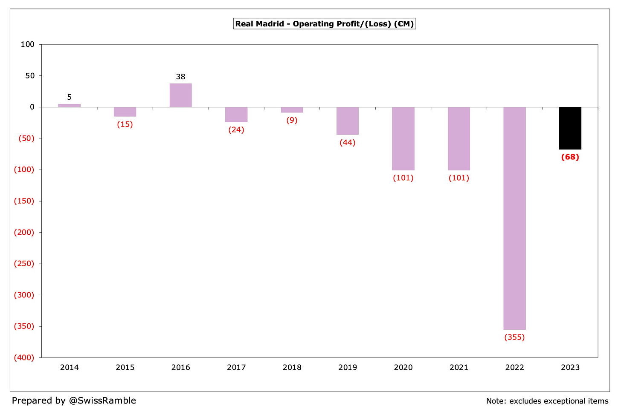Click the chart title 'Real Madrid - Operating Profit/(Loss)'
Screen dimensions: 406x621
(x=324, y=24)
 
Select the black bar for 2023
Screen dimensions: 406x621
(x=570, y=128)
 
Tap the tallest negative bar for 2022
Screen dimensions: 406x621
(x=514, y=218)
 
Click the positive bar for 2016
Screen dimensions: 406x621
(x=180, y=95)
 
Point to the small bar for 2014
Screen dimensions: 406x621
(x=69, y=105)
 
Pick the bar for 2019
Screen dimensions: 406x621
(x=347, y=121)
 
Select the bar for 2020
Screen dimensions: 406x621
(x=403, y=139)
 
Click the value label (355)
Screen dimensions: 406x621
(x=514, y=337)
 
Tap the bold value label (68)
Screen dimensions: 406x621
(x=570, y=157)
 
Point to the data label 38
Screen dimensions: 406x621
(x=180, y=77)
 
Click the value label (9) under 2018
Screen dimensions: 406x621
(x=292, y=120)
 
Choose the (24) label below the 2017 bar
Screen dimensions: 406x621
(x=236, y=130)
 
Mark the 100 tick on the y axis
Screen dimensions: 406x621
(x=27, y=44)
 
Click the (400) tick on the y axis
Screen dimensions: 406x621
(x=24, y=357)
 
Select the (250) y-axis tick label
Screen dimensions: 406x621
(x=24, y=264)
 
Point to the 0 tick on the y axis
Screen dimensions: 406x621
(x=32, y=107)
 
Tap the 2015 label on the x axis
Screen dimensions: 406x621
(x=125, y=367)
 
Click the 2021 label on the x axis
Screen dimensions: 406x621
(x=459, y=367)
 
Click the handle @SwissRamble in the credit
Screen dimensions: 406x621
(x=102, y=400)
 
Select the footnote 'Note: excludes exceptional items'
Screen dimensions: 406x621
(x=547, y=401)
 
